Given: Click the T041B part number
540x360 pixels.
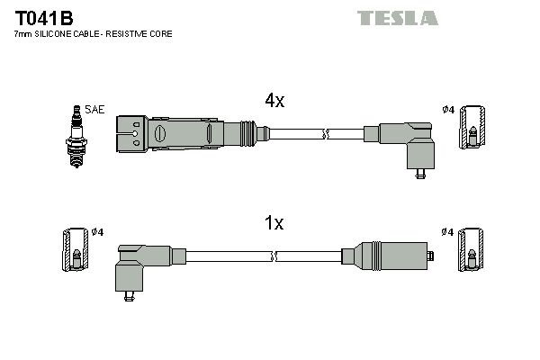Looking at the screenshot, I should pos(42,17).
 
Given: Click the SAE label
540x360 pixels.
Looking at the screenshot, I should pos(95,110).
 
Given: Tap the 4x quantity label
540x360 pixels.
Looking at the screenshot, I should pos(274,102).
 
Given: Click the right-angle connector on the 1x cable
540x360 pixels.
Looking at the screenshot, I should pos(136,265).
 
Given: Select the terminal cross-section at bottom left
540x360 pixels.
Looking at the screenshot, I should pos(76,256).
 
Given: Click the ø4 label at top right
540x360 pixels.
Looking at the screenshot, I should pos(447,110).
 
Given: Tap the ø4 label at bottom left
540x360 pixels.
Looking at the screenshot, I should pos(99,232).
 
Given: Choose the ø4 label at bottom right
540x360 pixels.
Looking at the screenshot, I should pos(447,232).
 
